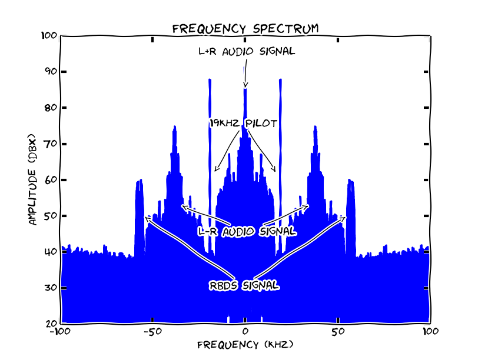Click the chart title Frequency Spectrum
click(x=245, y=28)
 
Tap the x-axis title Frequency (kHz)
click(x=245, y=344)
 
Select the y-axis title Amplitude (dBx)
click(x=33, y=180)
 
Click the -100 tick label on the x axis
click(x=59, y=332)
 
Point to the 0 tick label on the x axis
click(x=245, y=332)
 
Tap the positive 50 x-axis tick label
click(x=338, y=332)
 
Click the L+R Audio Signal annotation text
click(x=246, y=51)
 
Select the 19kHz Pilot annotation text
click(x=243, y=123)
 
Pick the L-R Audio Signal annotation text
click(x=247, y=231)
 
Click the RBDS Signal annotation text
click(x=244, y=286)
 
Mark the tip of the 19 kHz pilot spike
click(x=281, y=80)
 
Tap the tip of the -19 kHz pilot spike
click(x=210, y=80)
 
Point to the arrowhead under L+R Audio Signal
click(x=245, y=86)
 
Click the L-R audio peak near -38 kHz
click(x=174, y=127)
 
